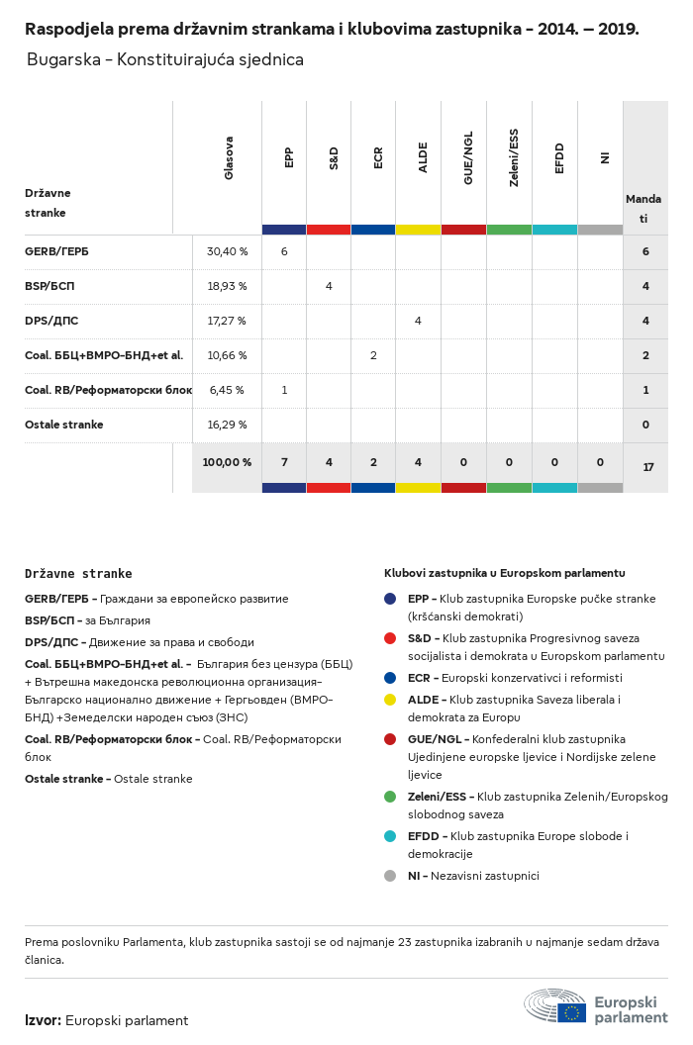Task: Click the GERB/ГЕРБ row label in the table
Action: click(x=56, y=251)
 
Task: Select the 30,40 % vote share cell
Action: click(x=227, y=251)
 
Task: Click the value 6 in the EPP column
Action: click(x=284, y=251)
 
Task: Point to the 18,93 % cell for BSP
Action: click(x=227, y=286)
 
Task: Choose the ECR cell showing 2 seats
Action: click(x=373, y=355)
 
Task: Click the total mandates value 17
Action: click(x=648, y=466)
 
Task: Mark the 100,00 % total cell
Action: click(x=227, y=462)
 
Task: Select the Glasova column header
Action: click(x=229, y=158)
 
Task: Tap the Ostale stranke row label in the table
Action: click(x=63, y=425)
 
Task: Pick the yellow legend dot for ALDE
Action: click(x=391, y=700)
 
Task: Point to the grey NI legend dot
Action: click(x=391, y=876)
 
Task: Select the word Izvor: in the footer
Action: click(x=43, y=1020)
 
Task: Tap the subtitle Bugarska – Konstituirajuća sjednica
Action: click(x=164, y=60)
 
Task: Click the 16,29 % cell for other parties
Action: click(x=227, y=425)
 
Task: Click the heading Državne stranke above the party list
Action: click(x=78, y=574)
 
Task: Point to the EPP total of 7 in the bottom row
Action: click(x=284, y=462)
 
